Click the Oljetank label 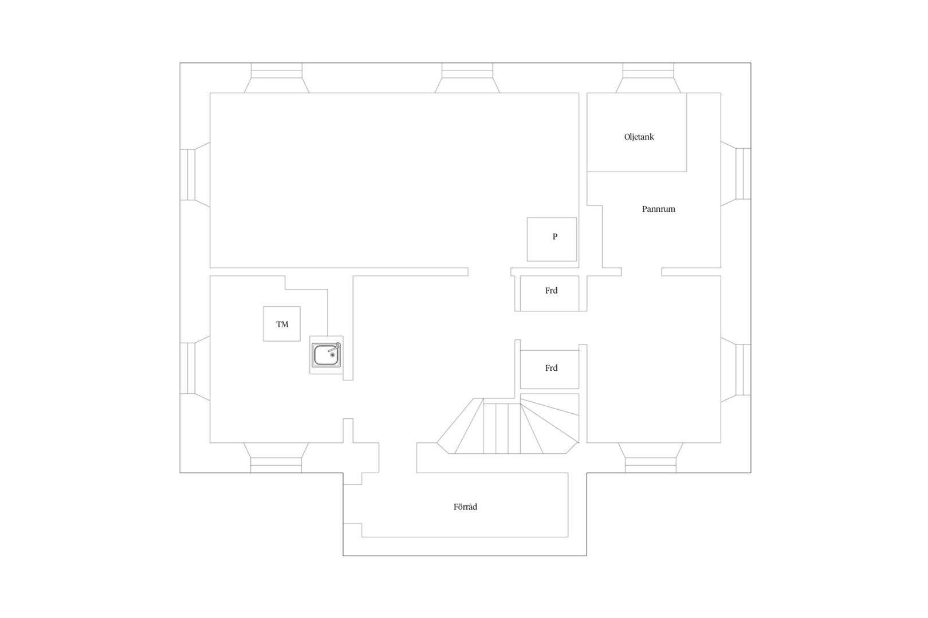click(639, 137)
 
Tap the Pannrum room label click(658, 209)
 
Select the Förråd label click(465, 506)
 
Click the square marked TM click(282, 324)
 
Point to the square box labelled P click(552, 239)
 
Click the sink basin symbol click(327, 355)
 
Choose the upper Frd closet click(549, 293)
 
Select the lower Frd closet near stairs click(549, 369)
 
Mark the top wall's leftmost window click(276, 78)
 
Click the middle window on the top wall click(467, 78)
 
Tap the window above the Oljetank click(648, 78)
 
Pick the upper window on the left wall click(195, 175)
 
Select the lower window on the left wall click(195, 369)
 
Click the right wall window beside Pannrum click(736, 174)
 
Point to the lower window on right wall click(736, 370)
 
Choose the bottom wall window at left click(276, 458)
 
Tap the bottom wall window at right click(650, 458)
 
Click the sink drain click(332, 355)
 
